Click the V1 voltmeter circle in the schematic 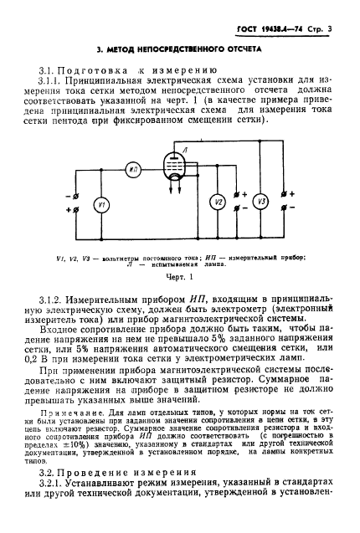[100, 205]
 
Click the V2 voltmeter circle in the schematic [217, 202]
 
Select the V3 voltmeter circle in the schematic [260, 201]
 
